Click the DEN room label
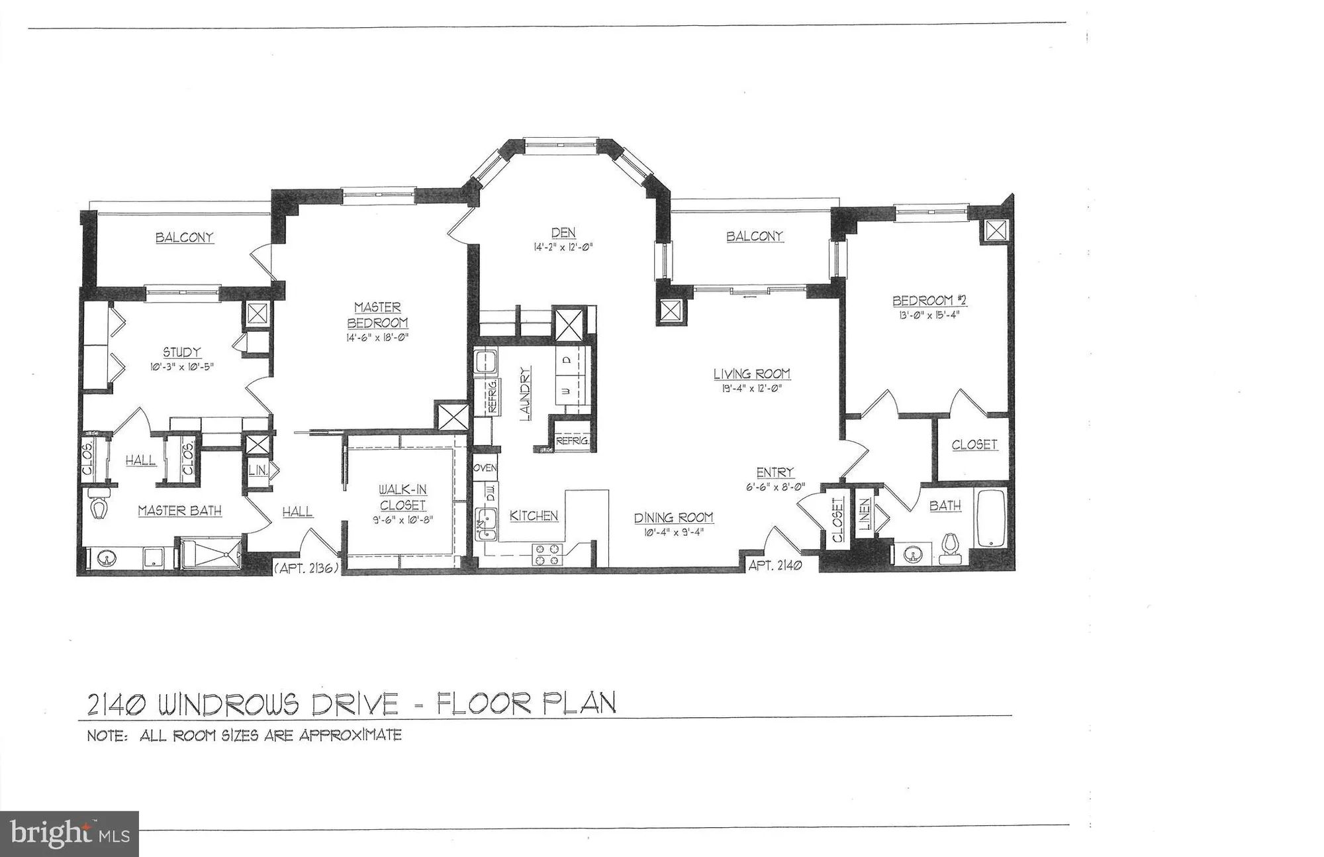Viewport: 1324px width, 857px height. click(x=563, y=232)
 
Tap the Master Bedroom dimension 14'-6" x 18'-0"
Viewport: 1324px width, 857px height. click(x=377, y=337)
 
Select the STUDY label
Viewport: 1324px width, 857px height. click(x=181, y=352)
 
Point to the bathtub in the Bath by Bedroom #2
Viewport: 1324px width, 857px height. click(x=991, y=518)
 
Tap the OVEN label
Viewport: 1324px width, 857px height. click(x=485, y=468)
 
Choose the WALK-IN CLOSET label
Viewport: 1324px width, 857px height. click(x=402, y=497)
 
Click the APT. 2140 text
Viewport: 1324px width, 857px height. click(x=775, y=566)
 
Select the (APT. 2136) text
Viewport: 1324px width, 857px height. click(x=307, y=568)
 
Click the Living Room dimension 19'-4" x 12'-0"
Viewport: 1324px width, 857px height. click(x=751, y=389)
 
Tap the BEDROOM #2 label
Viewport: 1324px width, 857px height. click(x=929, y=301)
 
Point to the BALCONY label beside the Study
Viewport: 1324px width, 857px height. click(x=184, y=237)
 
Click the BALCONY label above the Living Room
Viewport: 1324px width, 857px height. click(x=754, y=236)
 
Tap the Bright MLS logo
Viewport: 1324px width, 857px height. click(x=69, y=834)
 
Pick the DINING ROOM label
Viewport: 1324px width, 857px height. click(x=673, y=518)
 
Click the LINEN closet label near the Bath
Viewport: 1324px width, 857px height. click(x=865, y=514)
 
